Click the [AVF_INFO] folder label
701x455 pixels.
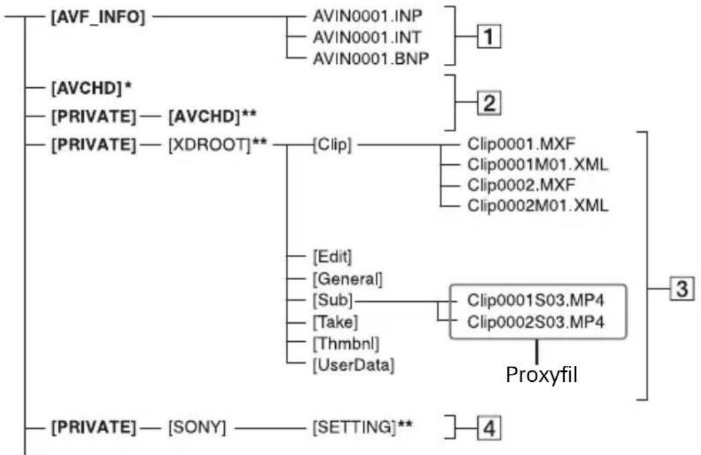(98, 17)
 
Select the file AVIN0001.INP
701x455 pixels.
(368, 16)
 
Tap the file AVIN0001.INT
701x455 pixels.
(366, 37)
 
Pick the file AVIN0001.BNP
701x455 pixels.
(370, 58)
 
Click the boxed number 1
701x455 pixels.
(489, 37)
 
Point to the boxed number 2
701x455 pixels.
(489, 103)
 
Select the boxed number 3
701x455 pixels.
(682, 288)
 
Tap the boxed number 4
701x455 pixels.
(489, 428)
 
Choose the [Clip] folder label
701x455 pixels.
(332, 145)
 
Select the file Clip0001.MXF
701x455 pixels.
(521, 144)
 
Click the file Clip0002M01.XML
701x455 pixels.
(538, 206)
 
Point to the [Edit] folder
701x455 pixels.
(332, 257)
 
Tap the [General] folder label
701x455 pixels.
(347, 279)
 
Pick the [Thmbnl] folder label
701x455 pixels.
(346, 344)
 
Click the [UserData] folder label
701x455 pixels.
(353, 365)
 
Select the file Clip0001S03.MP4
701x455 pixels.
(535, 300)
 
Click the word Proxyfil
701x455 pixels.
(541, 375)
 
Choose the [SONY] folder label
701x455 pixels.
(197, 427)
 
